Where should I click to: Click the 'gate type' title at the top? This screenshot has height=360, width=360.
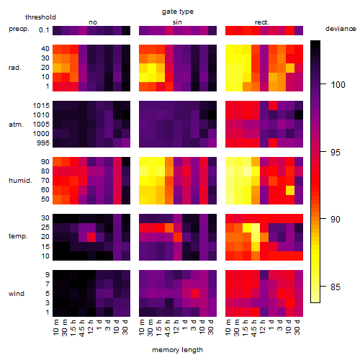click(x=178, y=12)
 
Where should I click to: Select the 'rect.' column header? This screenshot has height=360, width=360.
click(x=261, y=22)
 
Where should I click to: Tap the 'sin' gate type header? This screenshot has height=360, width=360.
click(x=177, y=22)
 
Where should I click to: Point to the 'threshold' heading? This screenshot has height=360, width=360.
click(x=40, y=17)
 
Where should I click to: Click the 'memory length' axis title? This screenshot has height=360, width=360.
click(x=177, y=350)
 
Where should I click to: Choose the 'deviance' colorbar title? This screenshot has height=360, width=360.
click(x=341, y=29)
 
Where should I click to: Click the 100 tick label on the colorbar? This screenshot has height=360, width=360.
click(x=338, y=84)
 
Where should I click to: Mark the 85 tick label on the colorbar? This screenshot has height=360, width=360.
click(x=336, y=287)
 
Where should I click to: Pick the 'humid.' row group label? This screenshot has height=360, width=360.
click(x=20, y=181)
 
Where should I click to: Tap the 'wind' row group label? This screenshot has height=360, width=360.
click(x=17, y=294)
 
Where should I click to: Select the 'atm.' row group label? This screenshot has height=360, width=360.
click(x=16, y=125)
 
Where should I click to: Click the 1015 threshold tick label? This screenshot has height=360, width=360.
click(x=41, y=106)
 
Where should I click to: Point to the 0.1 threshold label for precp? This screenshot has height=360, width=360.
click(x=44, y=30)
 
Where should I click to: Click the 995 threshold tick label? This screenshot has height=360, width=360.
click(x=43, y=143)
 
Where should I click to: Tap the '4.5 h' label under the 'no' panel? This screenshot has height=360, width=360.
click(x=81, y=328)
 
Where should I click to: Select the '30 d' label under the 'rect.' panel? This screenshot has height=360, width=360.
click(x=297, y=327)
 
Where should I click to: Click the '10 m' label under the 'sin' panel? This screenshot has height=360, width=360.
click(x=142, y=328)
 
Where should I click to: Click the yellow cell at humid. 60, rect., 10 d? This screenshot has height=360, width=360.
click(x=290, y=190)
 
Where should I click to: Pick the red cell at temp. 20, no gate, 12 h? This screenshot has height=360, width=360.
click(x=91, y=237)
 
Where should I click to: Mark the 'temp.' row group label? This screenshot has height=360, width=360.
click(x=18, y=236)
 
